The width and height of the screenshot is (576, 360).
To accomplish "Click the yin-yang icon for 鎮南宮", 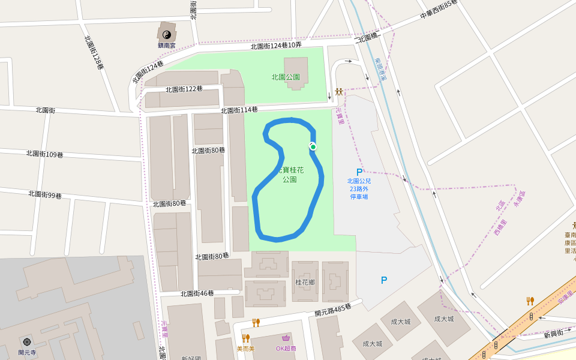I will (x=166, y=34).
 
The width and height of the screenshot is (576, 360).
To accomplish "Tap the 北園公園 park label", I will (x=286, y=77).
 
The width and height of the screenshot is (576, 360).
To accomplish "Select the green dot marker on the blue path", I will (x=313, y=147).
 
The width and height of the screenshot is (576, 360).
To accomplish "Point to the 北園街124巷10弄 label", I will (x=276, y=46).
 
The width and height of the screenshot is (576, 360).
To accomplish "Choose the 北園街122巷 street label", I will (x=184, y=89).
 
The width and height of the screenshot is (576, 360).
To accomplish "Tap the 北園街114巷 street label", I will (x=239, y=110).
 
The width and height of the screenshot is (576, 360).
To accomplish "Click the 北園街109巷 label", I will (x=44, y=154).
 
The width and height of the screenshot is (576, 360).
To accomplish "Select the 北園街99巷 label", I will (x=45, y=194).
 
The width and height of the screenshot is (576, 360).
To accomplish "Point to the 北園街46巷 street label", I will (x=197, y=293).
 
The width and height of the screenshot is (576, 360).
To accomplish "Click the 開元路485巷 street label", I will (x=332, y=310).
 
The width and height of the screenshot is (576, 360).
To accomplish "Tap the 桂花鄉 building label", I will (x=305, y=282).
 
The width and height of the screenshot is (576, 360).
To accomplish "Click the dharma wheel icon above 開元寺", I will (x=27, y=341).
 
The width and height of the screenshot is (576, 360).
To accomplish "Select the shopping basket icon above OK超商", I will (x=286, y=338).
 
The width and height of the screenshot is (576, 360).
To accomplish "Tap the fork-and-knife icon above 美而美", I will (x=245, y=338).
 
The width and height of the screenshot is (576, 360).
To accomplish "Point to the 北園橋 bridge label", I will (x=368, y=38).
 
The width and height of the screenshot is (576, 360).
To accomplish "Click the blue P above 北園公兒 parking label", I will (x=359, y=172).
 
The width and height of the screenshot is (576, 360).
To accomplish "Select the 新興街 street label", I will (x=554, y=333).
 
